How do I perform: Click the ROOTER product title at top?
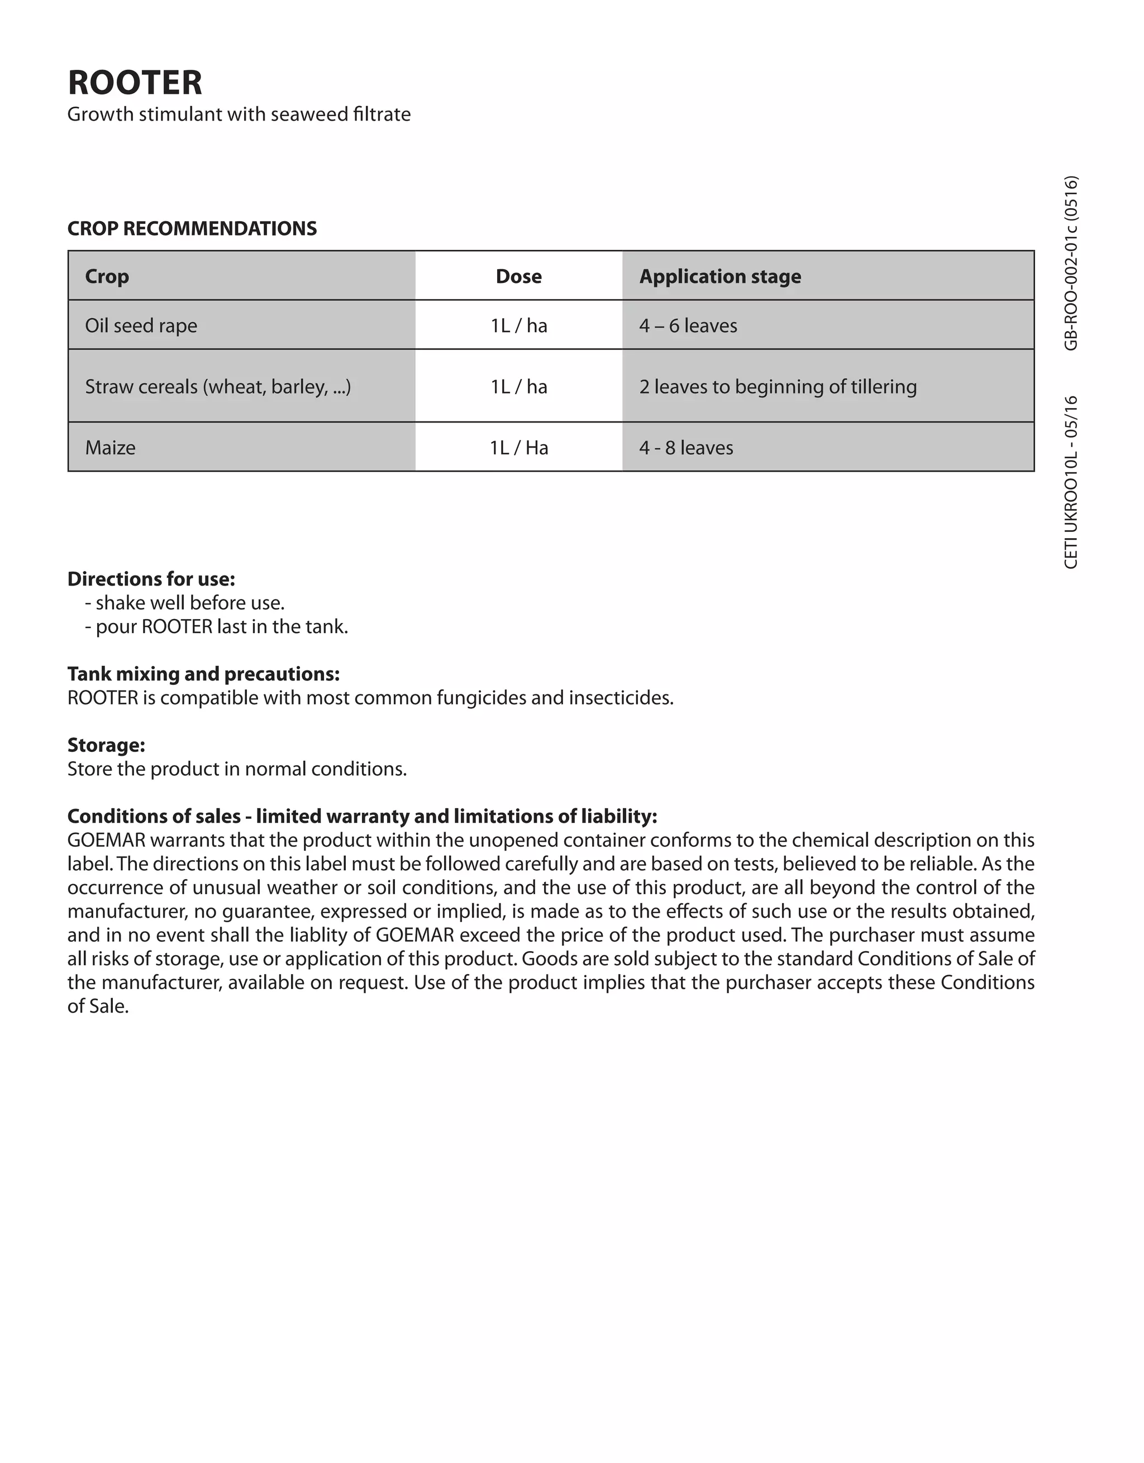(x=135, y=83)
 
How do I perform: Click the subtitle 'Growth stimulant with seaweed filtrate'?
(x=239, y=114)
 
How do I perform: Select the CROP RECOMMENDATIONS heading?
(x=192, y=228)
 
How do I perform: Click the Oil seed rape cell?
(x=141, y=325)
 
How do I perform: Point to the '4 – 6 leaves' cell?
(x=688, y=325)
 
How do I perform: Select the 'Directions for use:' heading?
(x=151, y=579)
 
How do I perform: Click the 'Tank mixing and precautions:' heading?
(x=203, y=674)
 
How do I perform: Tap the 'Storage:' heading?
(x=106, y=745)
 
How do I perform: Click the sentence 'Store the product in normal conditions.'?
(x=237, y=769)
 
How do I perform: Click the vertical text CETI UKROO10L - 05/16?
(x=1071, y=482)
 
